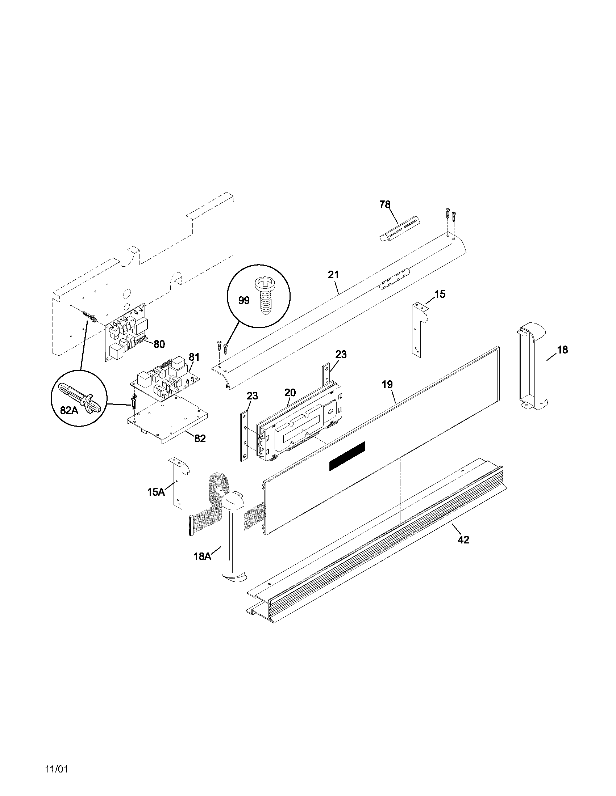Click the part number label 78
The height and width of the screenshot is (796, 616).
tap(384, 205)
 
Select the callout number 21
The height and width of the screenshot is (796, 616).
tap(333, 275)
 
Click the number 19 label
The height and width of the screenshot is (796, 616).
tap(387, 384)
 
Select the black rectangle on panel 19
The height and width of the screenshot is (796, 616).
tap(347, 456)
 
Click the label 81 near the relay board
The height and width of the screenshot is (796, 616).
tap(194, 357)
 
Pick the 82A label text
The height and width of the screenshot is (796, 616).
tap(69, 410)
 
